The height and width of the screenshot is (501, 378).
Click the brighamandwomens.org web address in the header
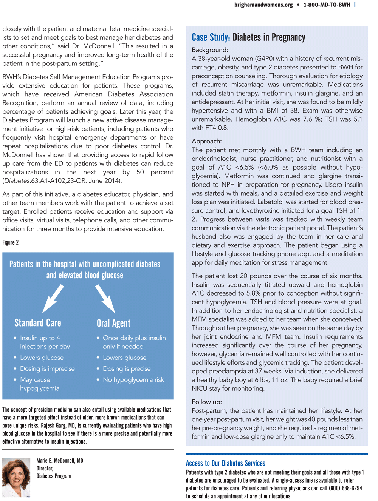(x=263, y=5)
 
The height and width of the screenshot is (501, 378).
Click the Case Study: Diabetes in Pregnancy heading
(x=248, y=37)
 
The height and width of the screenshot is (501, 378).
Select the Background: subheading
(x=210, y=50)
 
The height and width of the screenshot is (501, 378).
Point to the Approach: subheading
(x=206, y=141)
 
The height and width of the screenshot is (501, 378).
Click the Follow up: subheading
(x=207, y=402)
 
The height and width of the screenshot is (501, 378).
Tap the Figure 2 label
(x=11, y=243)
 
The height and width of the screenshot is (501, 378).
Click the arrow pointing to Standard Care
(x=53, y=298)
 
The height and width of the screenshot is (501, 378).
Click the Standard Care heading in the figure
(x=38, y=323)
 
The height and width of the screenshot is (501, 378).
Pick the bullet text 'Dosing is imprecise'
(x=47, y=369)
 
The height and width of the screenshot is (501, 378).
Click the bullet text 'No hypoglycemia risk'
(x=133, y=380)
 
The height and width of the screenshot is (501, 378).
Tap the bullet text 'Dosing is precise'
(x=127, y=369)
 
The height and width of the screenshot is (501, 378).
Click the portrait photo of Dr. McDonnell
(x=16, y=477)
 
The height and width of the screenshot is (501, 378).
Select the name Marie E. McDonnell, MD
(x=60, y=461)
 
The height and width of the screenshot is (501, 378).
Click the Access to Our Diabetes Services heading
(x=225, y=463)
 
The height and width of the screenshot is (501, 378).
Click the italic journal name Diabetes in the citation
(x=17, y=181)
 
